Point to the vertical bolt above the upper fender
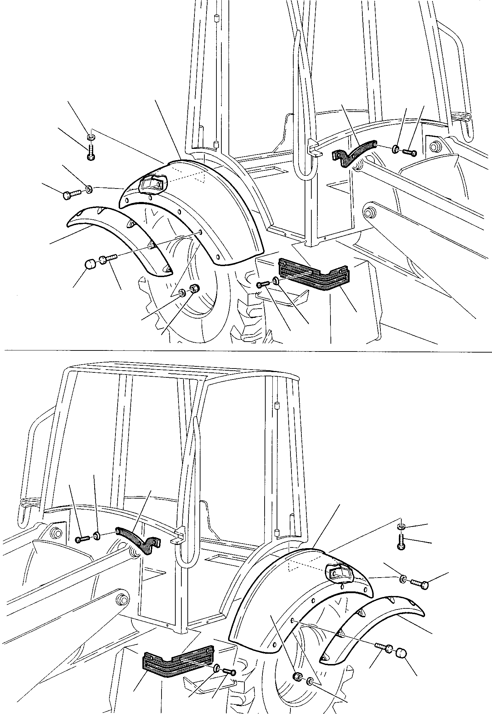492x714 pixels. [x=91, y=153]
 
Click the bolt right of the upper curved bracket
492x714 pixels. [x=410, y=153]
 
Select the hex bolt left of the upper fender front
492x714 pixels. [x=72, y=195]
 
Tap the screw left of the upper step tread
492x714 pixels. [x=264, y=284]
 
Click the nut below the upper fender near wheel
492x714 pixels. [x=194, y=288]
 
